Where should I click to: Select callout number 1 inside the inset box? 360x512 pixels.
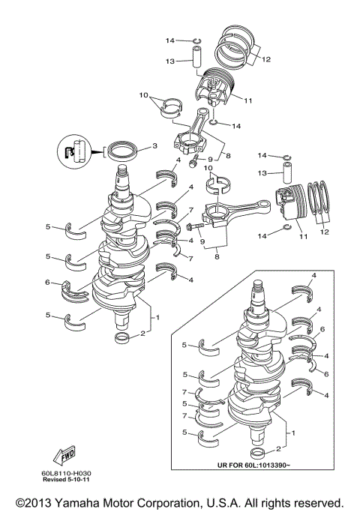[292, 433]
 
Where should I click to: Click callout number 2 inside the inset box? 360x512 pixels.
[277, 448]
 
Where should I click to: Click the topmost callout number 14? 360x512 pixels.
[170, 40]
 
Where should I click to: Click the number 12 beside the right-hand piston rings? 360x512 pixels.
[325, 233]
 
